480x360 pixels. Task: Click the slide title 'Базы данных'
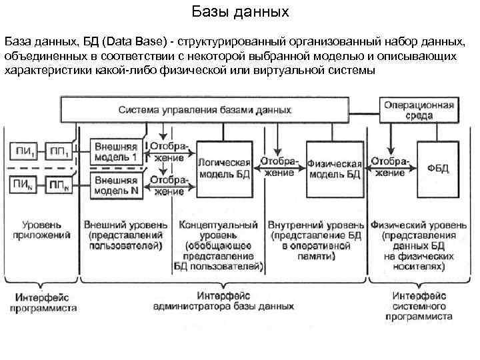pos(240,11)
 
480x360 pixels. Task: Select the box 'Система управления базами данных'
pos(205,109)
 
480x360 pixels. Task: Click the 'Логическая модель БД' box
pos(224,168)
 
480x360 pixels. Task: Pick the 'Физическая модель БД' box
pos(335,168)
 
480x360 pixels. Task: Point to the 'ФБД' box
pos(438,167)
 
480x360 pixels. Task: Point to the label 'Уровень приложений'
pos(42,230)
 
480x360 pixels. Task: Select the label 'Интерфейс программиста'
pos(43,303)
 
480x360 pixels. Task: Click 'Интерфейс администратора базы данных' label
pos(223,302)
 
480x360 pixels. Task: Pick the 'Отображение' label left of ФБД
pos(391,167)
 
